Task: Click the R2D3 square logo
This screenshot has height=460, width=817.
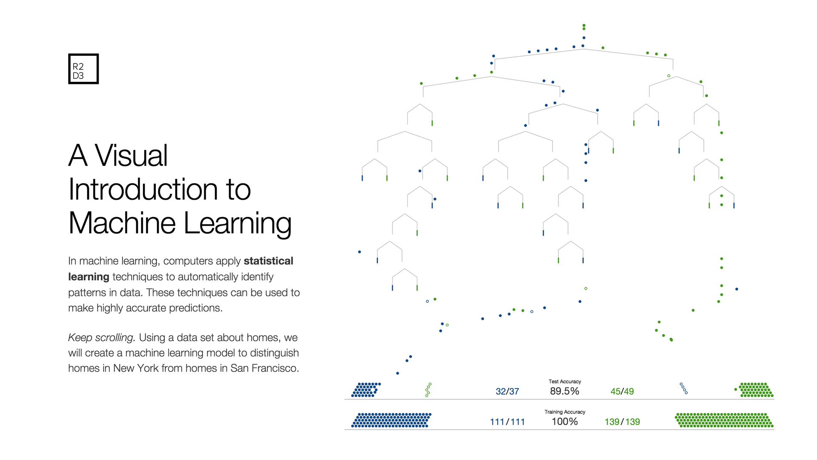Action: [83, 69]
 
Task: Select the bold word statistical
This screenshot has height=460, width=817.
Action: [269, 261]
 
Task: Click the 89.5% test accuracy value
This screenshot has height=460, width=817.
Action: [565, 391]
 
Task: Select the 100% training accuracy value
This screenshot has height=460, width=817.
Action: [565, 422]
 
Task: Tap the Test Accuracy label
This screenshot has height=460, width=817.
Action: [565, 382]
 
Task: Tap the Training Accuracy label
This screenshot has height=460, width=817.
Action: [565, 412]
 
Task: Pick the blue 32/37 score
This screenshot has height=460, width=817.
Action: [507, 391]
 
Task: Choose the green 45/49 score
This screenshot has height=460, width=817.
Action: [622, 391]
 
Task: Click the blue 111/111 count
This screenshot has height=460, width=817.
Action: [507, 422]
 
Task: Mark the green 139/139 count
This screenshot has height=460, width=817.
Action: [622, 422]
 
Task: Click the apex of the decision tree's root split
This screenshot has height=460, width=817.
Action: [584, 49]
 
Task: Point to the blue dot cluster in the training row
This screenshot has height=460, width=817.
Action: [391, 420]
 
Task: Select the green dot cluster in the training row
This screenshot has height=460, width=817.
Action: [724, 420]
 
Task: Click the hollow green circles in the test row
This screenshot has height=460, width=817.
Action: [428, 390]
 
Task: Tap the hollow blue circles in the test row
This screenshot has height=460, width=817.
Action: [684, 388]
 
